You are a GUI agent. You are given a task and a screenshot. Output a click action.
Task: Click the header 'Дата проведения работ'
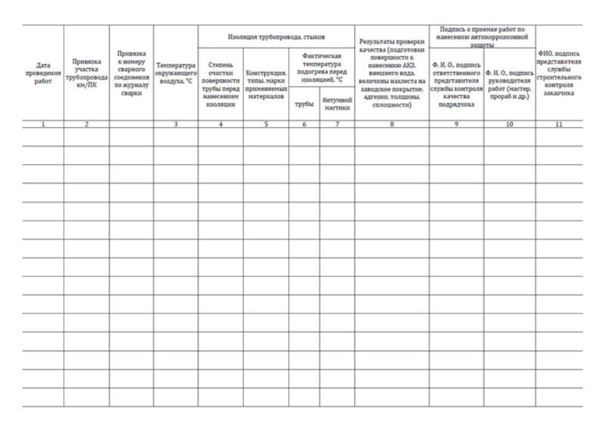43,74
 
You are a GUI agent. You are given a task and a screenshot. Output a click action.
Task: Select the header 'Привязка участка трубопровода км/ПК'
86,74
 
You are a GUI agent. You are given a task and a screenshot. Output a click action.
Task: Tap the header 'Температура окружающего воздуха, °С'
176,74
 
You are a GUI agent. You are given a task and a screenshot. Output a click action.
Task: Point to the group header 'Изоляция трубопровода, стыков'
276,37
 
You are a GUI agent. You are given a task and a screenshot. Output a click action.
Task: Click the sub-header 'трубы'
304,104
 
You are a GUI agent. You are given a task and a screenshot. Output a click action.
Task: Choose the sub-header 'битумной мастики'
337,104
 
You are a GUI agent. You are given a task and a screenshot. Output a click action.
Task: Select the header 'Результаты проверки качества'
392,74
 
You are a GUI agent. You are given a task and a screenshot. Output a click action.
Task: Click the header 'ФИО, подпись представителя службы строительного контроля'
559,74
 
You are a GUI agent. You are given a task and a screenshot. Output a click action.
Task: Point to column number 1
43,124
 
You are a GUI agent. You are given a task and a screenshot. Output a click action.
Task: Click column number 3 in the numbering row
176,124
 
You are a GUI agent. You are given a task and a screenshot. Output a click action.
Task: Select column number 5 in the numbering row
266,124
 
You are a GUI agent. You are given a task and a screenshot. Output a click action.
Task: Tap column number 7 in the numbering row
337,124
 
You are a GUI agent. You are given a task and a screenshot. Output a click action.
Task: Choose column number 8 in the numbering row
392,124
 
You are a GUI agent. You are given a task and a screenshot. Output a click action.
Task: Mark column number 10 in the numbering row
509,124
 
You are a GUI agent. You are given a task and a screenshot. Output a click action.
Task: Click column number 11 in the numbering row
559,124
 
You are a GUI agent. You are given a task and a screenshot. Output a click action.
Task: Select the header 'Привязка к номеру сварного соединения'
132,74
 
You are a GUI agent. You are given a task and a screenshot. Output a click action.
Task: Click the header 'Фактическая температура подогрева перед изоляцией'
321,68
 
